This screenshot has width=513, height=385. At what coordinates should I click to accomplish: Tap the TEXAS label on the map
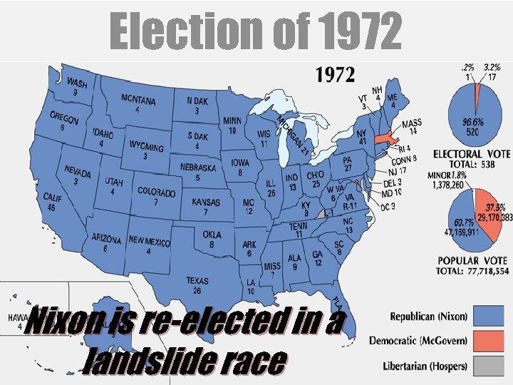(x=197, y=282)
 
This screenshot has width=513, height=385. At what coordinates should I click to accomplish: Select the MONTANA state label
(x=138, y=99)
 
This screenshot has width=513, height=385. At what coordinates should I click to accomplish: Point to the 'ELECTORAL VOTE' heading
(x=471, y=154)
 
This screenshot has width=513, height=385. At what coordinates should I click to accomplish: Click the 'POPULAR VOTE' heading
(x=468, y=262)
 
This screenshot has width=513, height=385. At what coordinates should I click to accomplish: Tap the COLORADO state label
(x=156, y=192)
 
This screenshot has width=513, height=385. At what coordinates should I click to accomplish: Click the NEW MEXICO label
(x=149, y=241)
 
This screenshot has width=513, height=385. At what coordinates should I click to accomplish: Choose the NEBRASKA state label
(x=197, y=168)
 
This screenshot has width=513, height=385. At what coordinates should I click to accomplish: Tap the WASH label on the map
(x=76, y=84)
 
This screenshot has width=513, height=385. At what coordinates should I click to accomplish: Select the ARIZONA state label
(x=106, y=238)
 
